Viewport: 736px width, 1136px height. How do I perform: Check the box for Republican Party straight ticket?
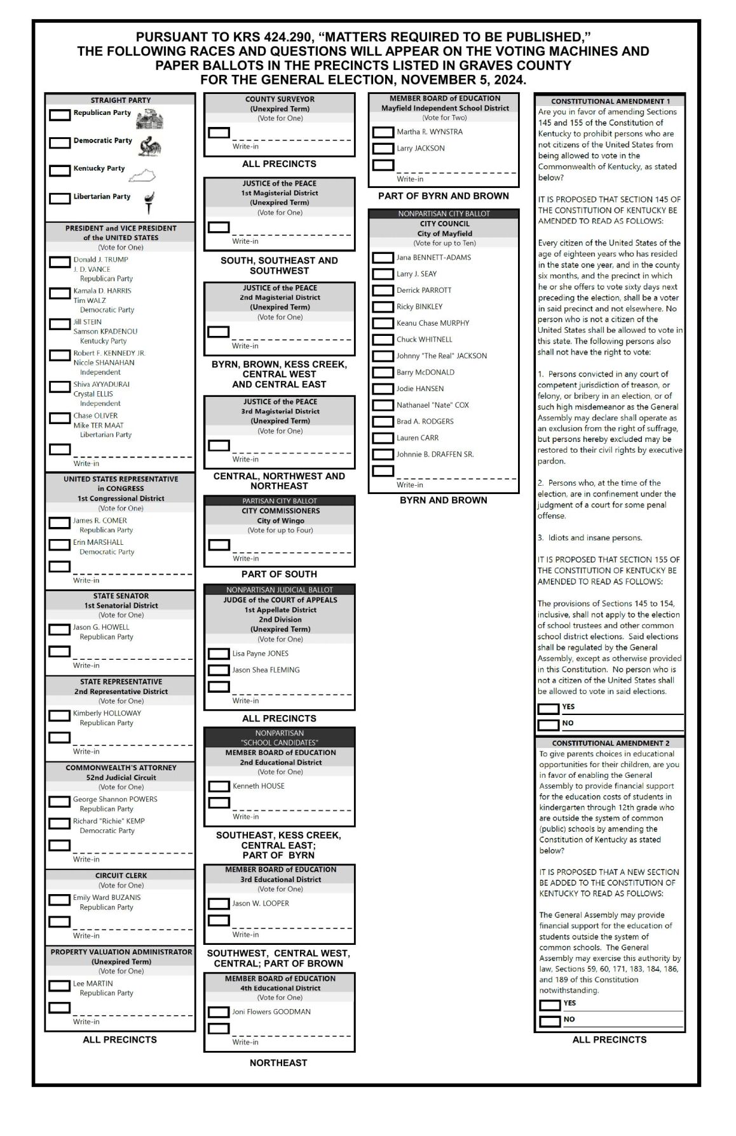(60, 115)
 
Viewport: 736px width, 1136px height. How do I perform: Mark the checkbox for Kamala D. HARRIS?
(60, 293)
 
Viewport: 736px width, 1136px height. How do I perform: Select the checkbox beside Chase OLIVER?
(60, 418)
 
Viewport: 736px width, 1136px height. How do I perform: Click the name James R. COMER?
(100, 521)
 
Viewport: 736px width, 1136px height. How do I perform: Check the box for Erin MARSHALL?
(60, 544)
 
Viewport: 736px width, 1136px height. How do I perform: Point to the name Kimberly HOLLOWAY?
(107, 713)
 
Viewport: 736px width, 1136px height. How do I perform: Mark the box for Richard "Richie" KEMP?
(60, 823)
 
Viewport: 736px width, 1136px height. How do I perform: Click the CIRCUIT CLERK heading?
(121, 875)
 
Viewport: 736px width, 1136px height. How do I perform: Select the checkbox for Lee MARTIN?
(60, 986)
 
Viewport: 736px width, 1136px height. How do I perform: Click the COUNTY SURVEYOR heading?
(280, 99)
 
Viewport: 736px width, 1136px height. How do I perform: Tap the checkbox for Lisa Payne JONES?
(219, 653)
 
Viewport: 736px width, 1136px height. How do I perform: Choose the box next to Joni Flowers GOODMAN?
(219, 1012)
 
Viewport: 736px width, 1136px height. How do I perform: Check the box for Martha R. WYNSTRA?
(383, 132)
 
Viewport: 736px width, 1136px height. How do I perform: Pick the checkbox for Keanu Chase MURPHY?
(383, 323)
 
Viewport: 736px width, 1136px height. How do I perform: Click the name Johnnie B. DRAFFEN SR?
(435, 454)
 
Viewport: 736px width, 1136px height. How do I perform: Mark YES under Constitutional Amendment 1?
(549, 708)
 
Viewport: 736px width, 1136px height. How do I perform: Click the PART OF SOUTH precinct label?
(279, 574)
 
